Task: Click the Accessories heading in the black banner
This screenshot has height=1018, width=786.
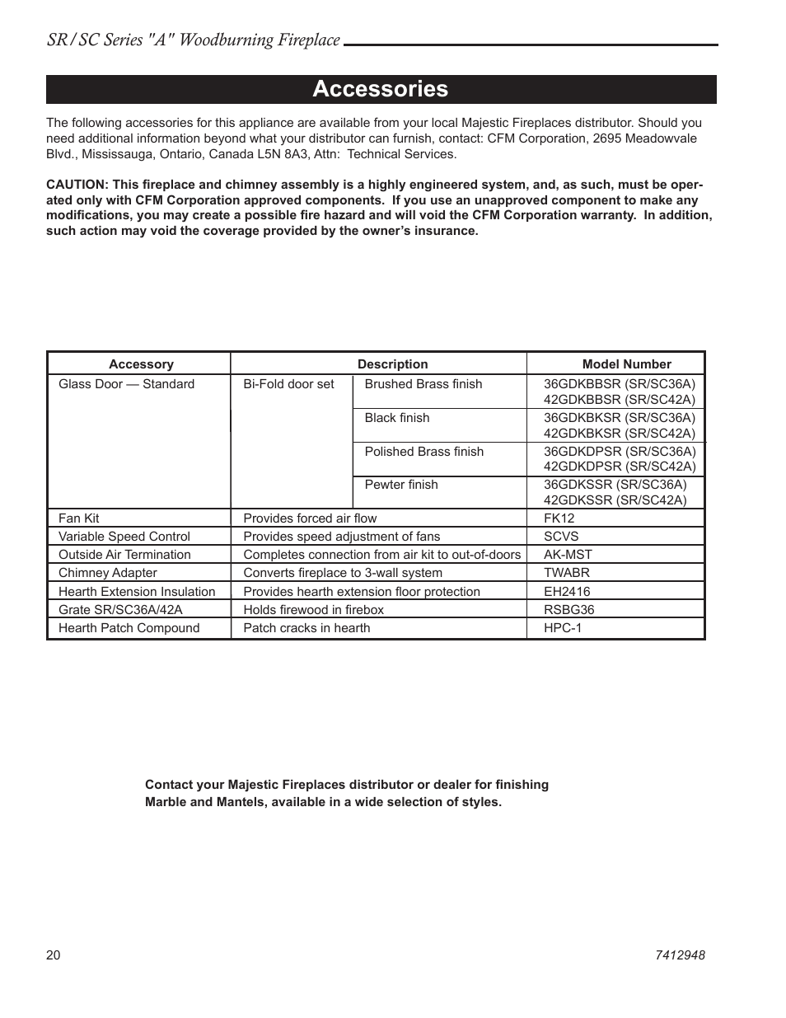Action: [380, 89]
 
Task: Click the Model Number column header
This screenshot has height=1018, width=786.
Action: [626, 364]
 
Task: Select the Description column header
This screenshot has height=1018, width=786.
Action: [392, 364]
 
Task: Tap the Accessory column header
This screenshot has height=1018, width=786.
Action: [141, 364]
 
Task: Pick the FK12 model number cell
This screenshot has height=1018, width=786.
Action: [559, 518]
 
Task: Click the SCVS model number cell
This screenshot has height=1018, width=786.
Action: [561, 537]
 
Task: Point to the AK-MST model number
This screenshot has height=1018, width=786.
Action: [568, 555]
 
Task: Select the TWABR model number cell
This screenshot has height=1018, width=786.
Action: [566, 573]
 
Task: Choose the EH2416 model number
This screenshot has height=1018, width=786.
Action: [567, 592]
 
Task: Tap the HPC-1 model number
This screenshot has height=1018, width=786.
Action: [563, 628]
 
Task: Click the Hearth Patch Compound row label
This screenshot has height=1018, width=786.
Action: [129, 628]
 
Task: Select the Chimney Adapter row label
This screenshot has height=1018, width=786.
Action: [107, 573]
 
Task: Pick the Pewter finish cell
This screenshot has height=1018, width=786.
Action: [401, 485]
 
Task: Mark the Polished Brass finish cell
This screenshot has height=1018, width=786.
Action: [423, 452]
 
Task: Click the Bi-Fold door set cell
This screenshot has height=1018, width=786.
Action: [288, 384]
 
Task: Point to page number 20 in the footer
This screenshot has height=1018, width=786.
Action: [54, 955]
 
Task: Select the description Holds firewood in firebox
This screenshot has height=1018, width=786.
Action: [313, 610]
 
